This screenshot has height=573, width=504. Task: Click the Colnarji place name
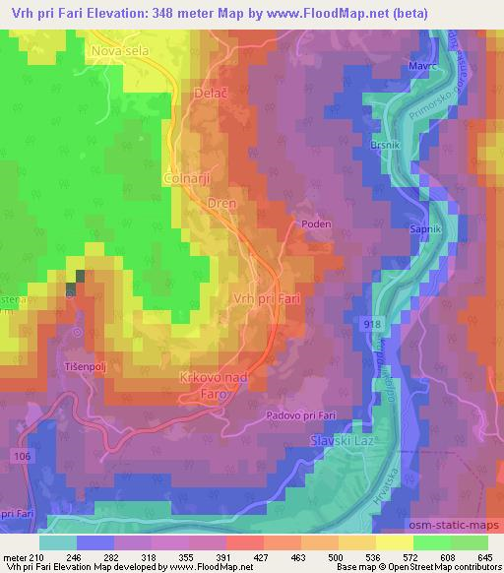click(187, 177)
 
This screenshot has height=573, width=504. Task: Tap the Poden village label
click(316, 224)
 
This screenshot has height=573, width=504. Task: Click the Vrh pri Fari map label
click(266, 296)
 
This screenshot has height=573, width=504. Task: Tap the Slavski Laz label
click(344, 439)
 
